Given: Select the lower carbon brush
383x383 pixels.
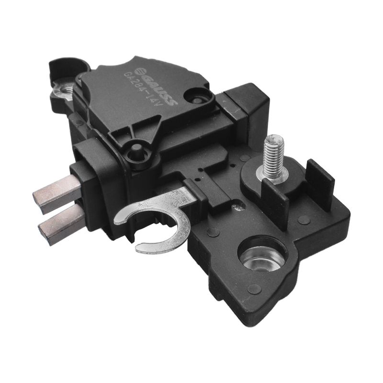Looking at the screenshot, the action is pyautogui.click(x=62, y=223).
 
